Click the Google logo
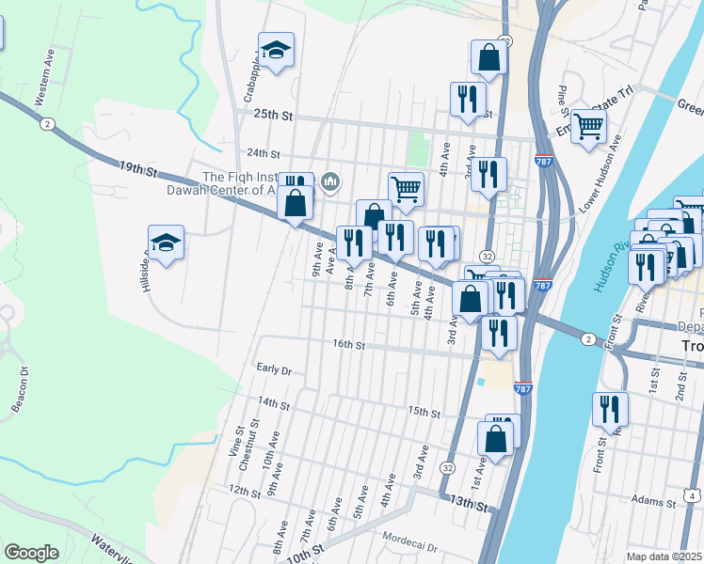tap(32, 553)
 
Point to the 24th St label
tap(264, 153)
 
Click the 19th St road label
tap(137, 169)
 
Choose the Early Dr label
tap(274, 369)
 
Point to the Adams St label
tap(654, 500)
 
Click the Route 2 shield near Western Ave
tap(45, 123)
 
